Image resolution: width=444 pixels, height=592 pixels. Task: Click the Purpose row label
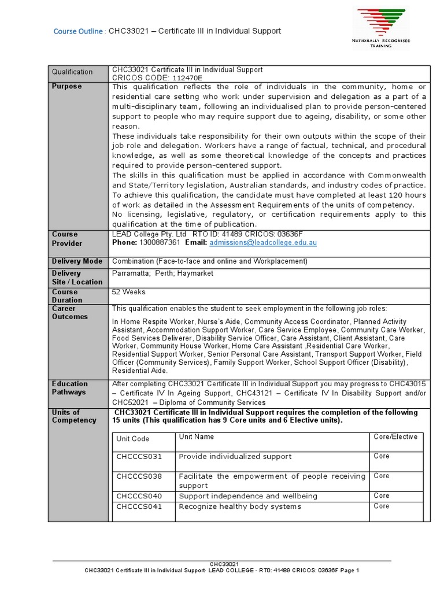coord(67,86)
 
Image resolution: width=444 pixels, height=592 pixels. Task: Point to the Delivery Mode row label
coord(77,261)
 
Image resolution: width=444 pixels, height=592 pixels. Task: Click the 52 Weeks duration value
coord(129,292)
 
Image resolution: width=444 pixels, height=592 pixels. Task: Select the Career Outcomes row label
coord(70,312)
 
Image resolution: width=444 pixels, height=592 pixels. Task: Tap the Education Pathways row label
coord(70,387)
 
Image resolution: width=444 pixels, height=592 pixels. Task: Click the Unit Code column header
coord(133,439)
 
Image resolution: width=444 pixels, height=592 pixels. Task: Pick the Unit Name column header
coord(197,437)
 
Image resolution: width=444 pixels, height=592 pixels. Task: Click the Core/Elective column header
coord(395,437)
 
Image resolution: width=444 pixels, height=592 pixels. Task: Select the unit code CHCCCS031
coord(139,457)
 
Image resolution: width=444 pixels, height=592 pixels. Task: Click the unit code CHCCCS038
coord(139,476)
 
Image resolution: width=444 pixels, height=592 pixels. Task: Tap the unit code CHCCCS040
coord(139,496)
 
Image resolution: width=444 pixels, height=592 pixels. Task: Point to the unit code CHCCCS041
coord(139,506)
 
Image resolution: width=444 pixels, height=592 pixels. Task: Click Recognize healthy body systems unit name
coord(240,506)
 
